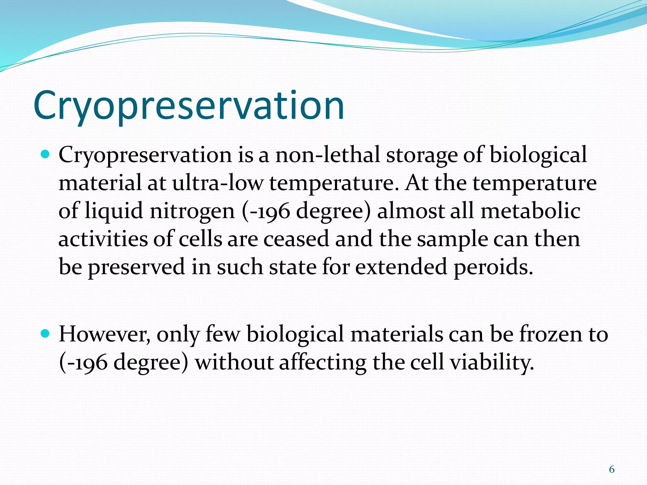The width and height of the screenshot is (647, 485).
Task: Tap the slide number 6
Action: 612,470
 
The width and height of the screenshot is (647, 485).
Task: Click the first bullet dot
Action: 46,155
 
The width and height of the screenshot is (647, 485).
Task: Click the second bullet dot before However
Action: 46,333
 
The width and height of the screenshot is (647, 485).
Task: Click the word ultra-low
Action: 218,183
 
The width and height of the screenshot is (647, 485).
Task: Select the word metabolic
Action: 530,211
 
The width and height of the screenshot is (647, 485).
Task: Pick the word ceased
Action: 296,239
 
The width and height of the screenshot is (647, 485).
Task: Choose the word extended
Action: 401,267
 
